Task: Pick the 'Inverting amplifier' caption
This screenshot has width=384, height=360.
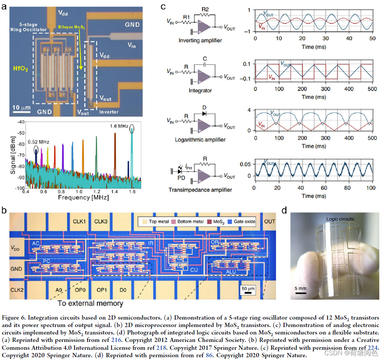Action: [200, 40]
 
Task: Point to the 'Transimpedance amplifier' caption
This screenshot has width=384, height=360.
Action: [200, 190]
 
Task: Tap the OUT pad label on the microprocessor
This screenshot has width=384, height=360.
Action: [269, 221]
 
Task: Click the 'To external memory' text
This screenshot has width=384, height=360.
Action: [90, 303]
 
